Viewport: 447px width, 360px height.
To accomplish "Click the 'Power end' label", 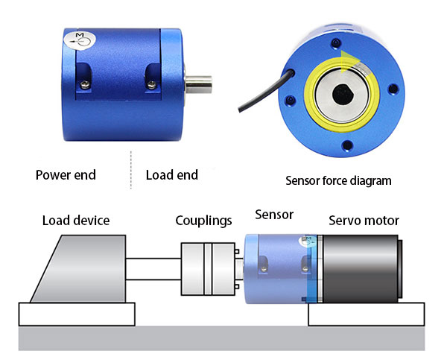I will (x=66, y=176).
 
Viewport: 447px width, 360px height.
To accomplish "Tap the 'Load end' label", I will (x=171, y=175).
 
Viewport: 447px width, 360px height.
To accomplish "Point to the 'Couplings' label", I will (x=203, y=221).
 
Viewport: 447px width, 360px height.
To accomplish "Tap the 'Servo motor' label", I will (x=364, y=221).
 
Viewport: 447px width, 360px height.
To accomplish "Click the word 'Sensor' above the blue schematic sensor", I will (x=273, y=215).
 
